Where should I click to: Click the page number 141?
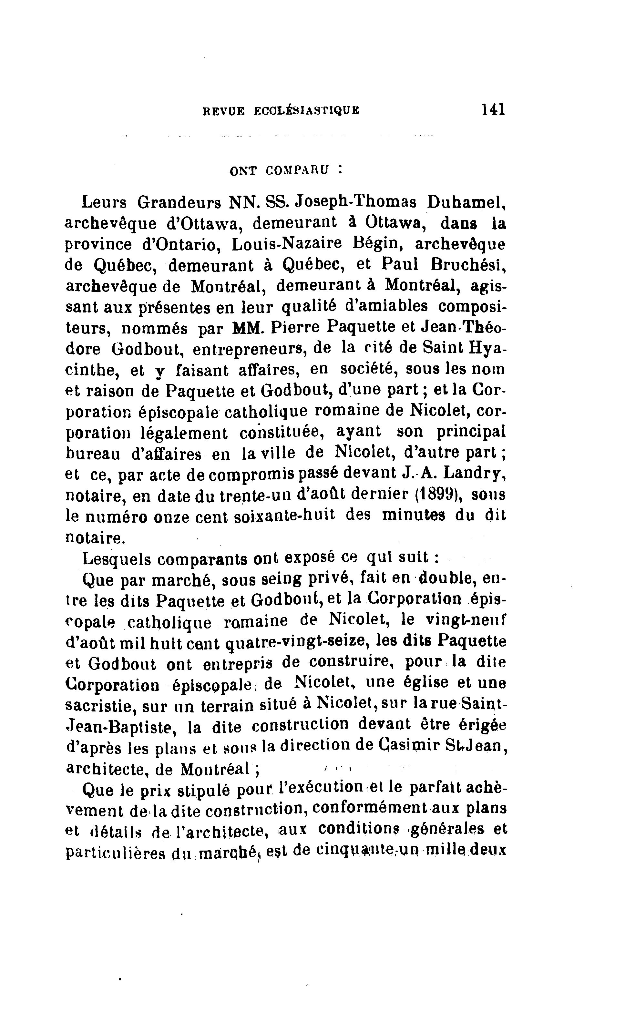[x=493, y=109]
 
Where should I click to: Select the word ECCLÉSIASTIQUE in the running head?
[x=306, y=111]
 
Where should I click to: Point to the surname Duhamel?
[x=466, y=202]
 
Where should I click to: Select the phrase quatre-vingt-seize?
[x=297, y=642]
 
